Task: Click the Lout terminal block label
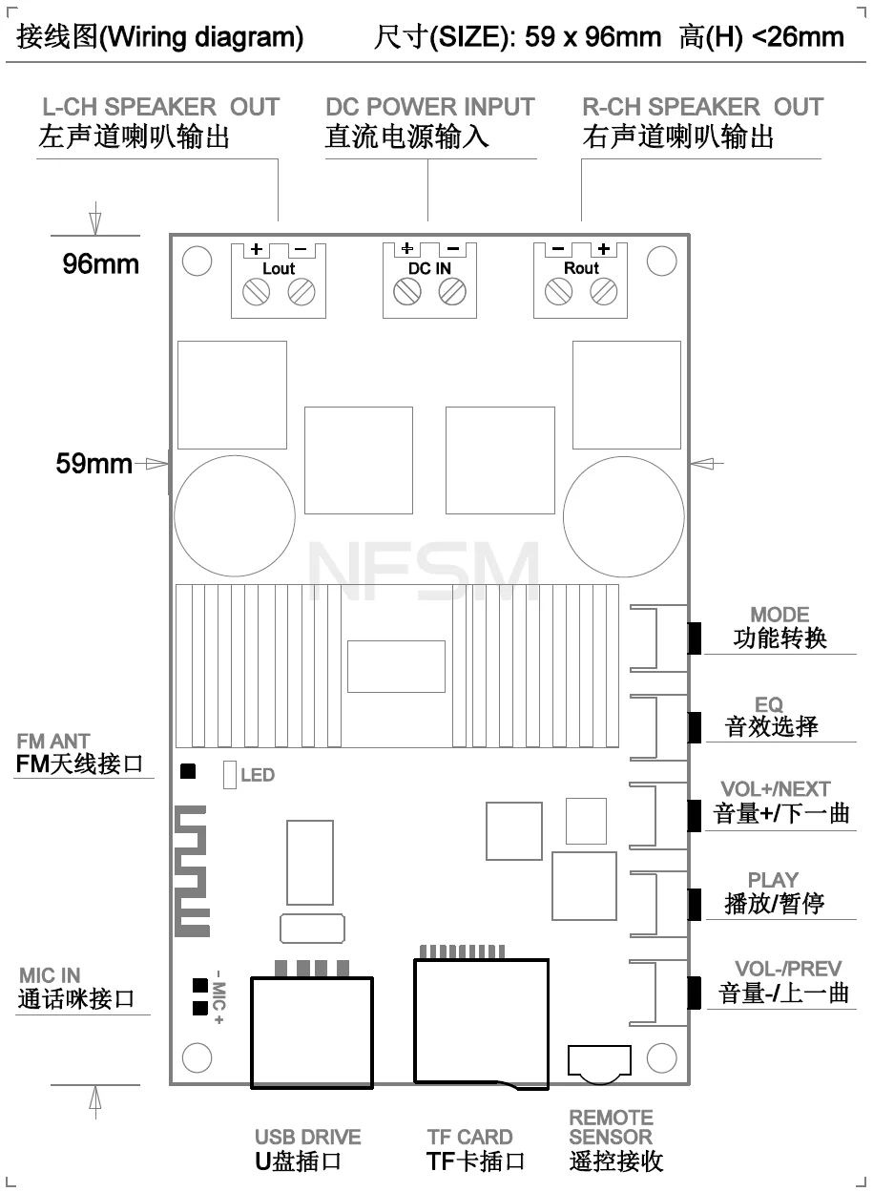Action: click(279, 269)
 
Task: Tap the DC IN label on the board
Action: click(429, 269)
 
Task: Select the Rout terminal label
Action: click(581, 268)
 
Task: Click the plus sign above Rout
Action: click(603, 248)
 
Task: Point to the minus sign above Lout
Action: click(300, 249)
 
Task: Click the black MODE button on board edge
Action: click(694, 638)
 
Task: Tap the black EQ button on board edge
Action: click(694, 727)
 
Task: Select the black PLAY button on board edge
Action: click(694, 904)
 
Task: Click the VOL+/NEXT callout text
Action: click(776, 789)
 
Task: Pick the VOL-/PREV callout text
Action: click(788, 969)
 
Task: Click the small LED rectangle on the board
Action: click(230, 775)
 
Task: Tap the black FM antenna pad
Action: click(188, 771)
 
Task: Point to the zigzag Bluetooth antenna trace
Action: click(192, 870)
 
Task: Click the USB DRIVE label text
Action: click(307, 1137)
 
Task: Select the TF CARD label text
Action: click(469, 1137)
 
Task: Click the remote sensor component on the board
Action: click(599, 1064)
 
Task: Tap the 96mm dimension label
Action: click(100, 264)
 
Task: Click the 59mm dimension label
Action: click(94, 464)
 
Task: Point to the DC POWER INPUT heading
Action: click(430, 107)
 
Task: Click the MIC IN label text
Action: click(50, 975)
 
